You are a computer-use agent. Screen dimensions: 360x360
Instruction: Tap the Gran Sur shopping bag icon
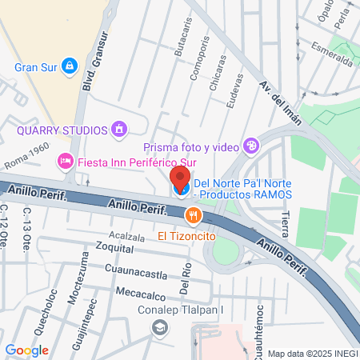70,65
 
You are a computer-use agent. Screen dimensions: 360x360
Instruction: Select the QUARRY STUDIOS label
62,130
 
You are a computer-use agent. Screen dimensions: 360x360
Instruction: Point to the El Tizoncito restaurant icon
192,214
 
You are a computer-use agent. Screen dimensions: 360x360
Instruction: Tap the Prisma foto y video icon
252,146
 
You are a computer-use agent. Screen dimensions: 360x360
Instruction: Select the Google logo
26,350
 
